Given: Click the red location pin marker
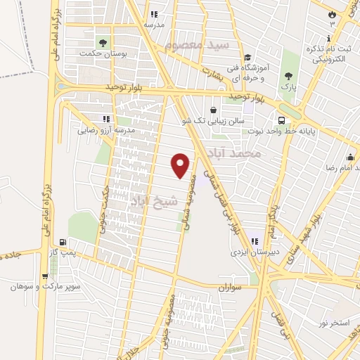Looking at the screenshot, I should (x=181, y=165).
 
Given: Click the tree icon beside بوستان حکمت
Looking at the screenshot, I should (x=103, y=42).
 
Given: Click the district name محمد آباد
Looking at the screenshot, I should (x=240, y=152).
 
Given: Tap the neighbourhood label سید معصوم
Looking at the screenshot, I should (x=198, y=45).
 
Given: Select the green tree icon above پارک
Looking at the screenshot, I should (x=288, y=76).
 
